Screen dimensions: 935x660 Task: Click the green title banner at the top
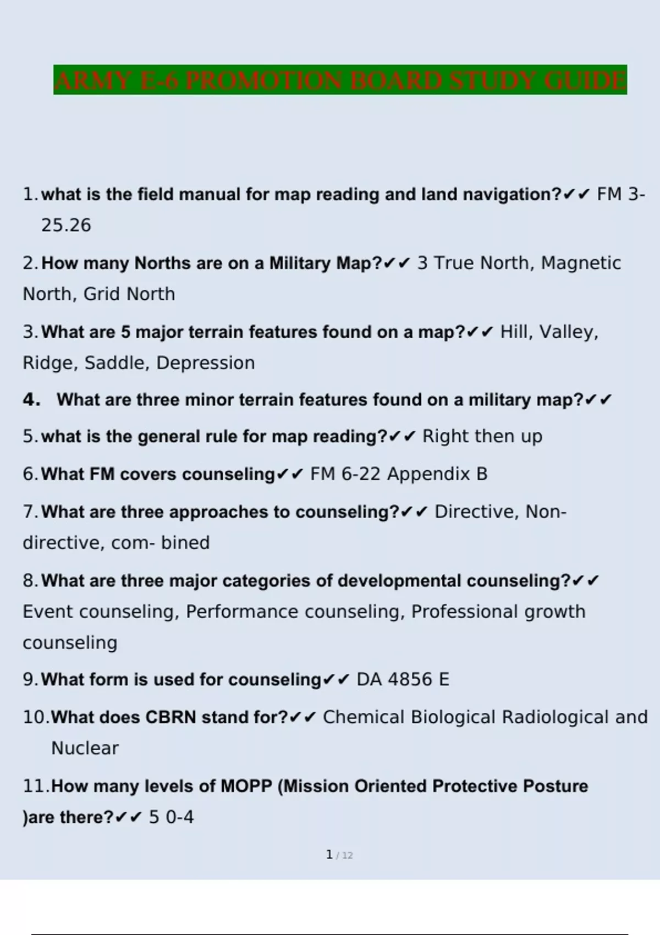(340, 80)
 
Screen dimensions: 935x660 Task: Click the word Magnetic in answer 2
(581, 263)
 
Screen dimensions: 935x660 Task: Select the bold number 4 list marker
(31, 399)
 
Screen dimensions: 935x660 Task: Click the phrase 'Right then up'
(482, 436)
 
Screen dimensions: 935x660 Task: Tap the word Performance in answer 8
(243, 612)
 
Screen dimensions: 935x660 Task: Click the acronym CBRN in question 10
(170, 718)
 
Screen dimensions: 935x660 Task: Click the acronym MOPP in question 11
(246, 787)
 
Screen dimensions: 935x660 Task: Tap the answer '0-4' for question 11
(180, 817)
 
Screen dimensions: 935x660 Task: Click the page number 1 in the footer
(329, 855)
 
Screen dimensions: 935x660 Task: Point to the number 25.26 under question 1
(66, 226)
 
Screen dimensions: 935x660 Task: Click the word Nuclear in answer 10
(85, 749)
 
